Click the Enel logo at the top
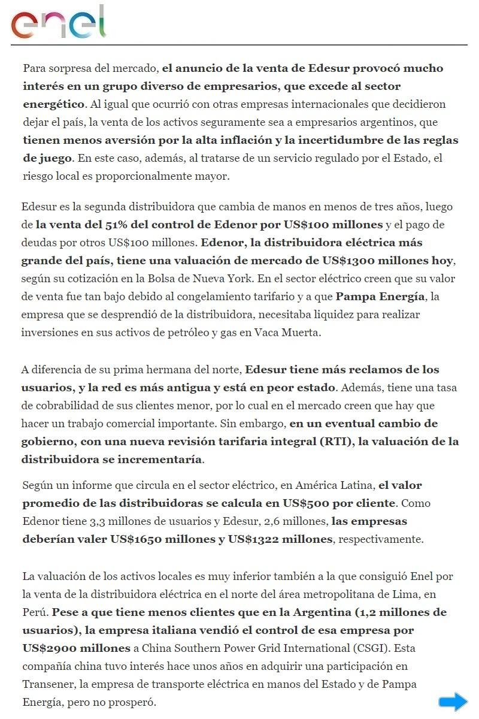coord(58,23)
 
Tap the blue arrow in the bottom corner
coord(453,702)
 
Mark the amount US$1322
coord(248,539)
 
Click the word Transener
coord(49,684)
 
